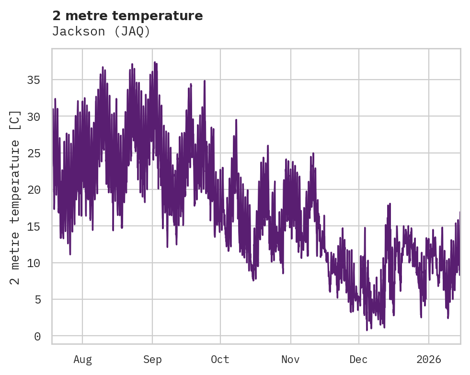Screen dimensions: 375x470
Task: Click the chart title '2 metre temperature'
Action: tap(127, 16)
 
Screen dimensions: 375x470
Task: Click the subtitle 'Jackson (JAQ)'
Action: tap(101, 32)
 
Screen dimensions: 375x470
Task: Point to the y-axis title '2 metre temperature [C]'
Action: tap(15, 197)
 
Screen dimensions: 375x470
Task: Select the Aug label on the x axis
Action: tap(82, 360)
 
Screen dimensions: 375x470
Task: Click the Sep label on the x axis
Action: tap(152, 360)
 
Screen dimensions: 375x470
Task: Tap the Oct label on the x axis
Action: tap(220, 360)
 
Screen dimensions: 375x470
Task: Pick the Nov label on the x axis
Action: tap(290, 360)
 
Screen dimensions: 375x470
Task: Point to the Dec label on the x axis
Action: tap(358, 360)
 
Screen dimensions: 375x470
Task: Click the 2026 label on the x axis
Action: tap(429, 360)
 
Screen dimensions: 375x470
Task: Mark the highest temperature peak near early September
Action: tap(155, 62)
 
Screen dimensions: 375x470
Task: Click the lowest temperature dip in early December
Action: tap(367, 330)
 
